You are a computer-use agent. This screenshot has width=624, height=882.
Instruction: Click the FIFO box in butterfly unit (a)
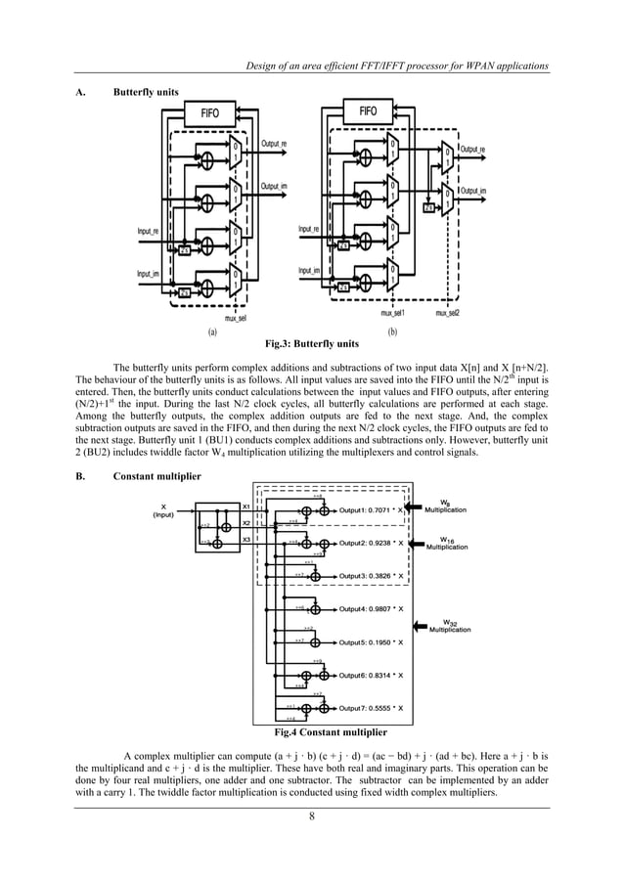[x=210, y=113]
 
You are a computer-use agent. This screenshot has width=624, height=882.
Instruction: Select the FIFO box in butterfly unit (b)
[x=368, y=111]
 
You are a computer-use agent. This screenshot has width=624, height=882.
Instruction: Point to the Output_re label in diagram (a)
[x=274, y=144]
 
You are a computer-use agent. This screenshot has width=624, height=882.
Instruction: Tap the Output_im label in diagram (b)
[x=474, y=191]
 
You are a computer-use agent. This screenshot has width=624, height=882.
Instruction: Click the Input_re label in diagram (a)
[x=149, y=231]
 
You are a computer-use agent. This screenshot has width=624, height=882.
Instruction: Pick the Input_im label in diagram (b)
[x=311, y=270]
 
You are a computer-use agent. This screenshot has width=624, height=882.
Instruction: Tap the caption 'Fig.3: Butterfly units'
[x=312, y=344]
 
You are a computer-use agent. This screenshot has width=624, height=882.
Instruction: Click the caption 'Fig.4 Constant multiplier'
[x=331, y=731]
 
